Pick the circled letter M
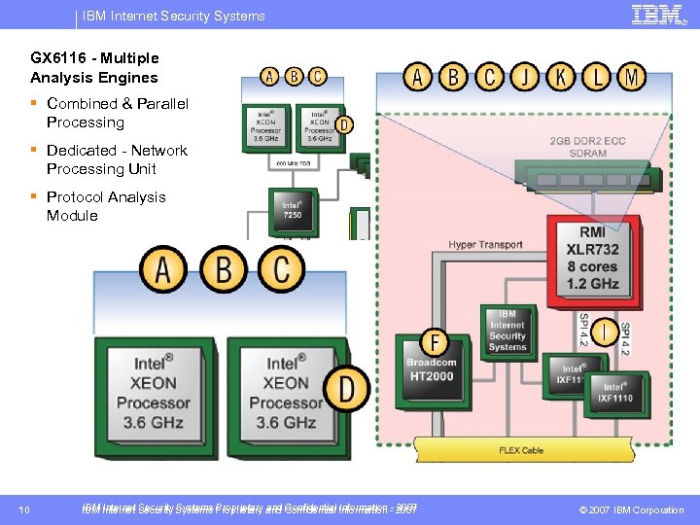(x=631, y=77)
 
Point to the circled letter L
(x=596, y=77)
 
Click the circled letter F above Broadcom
(x=434, y=343)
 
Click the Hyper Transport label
(x=485, y=245)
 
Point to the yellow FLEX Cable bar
(x=520, y=450)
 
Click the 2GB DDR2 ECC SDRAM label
(x=587, y=148)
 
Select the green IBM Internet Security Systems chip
(x=507, y=331)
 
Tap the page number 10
(x=24, y=509)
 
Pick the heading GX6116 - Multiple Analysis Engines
(x=94, y=68)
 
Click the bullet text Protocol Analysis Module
(x=106, y=206)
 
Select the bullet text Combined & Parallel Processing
(x=117, y=113)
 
